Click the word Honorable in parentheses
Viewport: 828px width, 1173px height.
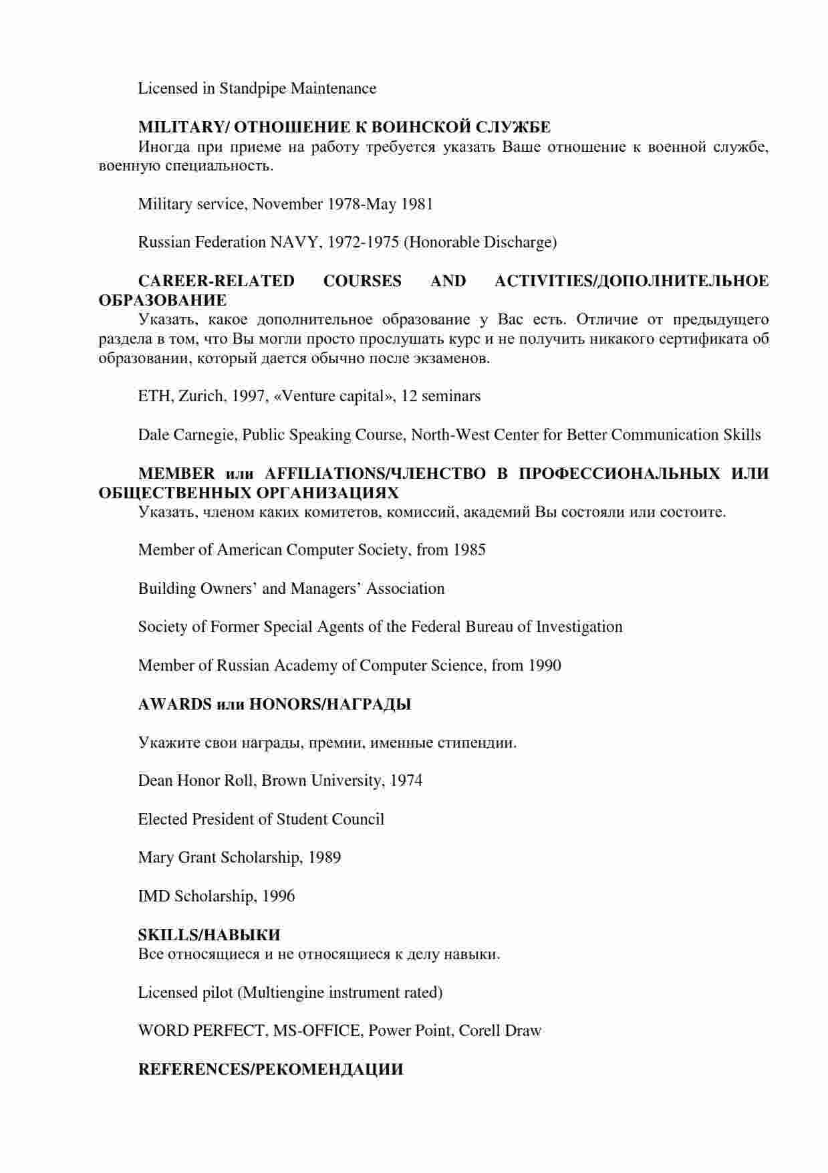444,242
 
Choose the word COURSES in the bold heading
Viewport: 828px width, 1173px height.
362,281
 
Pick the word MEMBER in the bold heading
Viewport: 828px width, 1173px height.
176,473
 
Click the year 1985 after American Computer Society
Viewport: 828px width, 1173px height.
469,550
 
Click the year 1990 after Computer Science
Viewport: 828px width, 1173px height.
545,665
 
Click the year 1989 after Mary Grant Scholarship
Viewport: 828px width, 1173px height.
324,857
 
